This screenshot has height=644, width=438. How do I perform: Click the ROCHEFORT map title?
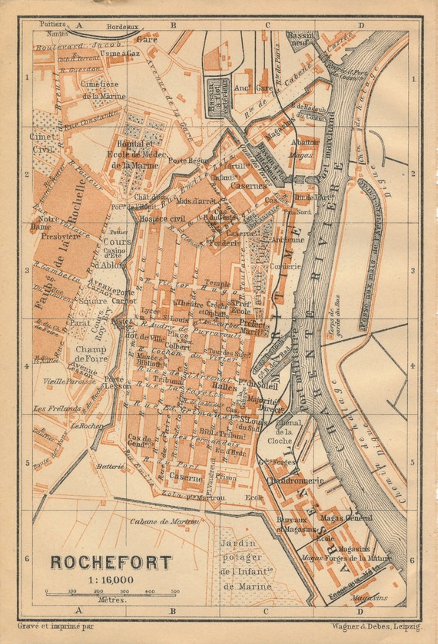[111, 562]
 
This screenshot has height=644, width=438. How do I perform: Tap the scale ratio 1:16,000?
[112, 580]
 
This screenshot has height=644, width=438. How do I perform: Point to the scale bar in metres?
[111, 592]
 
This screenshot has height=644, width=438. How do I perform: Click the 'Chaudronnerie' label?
[295, 481]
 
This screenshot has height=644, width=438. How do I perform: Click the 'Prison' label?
[227, 476]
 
